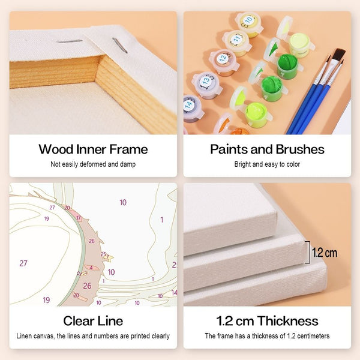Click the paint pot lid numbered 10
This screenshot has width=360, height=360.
coord(248,20)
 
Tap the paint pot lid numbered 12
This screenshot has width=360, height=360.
coord(223,58)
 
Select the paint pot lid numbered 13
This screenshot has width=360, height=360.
coord(206,80)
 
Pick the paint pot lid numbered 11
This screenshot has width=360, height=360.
coord(236,38)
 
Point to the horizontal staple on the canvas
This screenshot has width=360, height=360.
coord(70,41)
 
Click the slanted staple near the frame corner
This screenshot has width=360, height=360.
coord(119,46)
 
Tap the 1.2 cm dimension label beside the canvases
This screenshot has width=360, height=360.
coord(325,253)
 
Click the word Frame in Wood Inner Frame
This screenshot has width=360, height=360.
coord(128,149)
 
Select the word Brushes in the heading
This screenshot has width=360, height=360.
coord(300,149)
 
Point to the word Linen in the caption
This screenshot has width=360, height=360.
coord(24,336)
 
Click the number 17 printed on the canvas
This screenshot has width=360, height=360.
coord(79,218)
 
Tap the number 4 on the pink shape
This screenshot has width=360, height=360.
coord(91,268)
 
